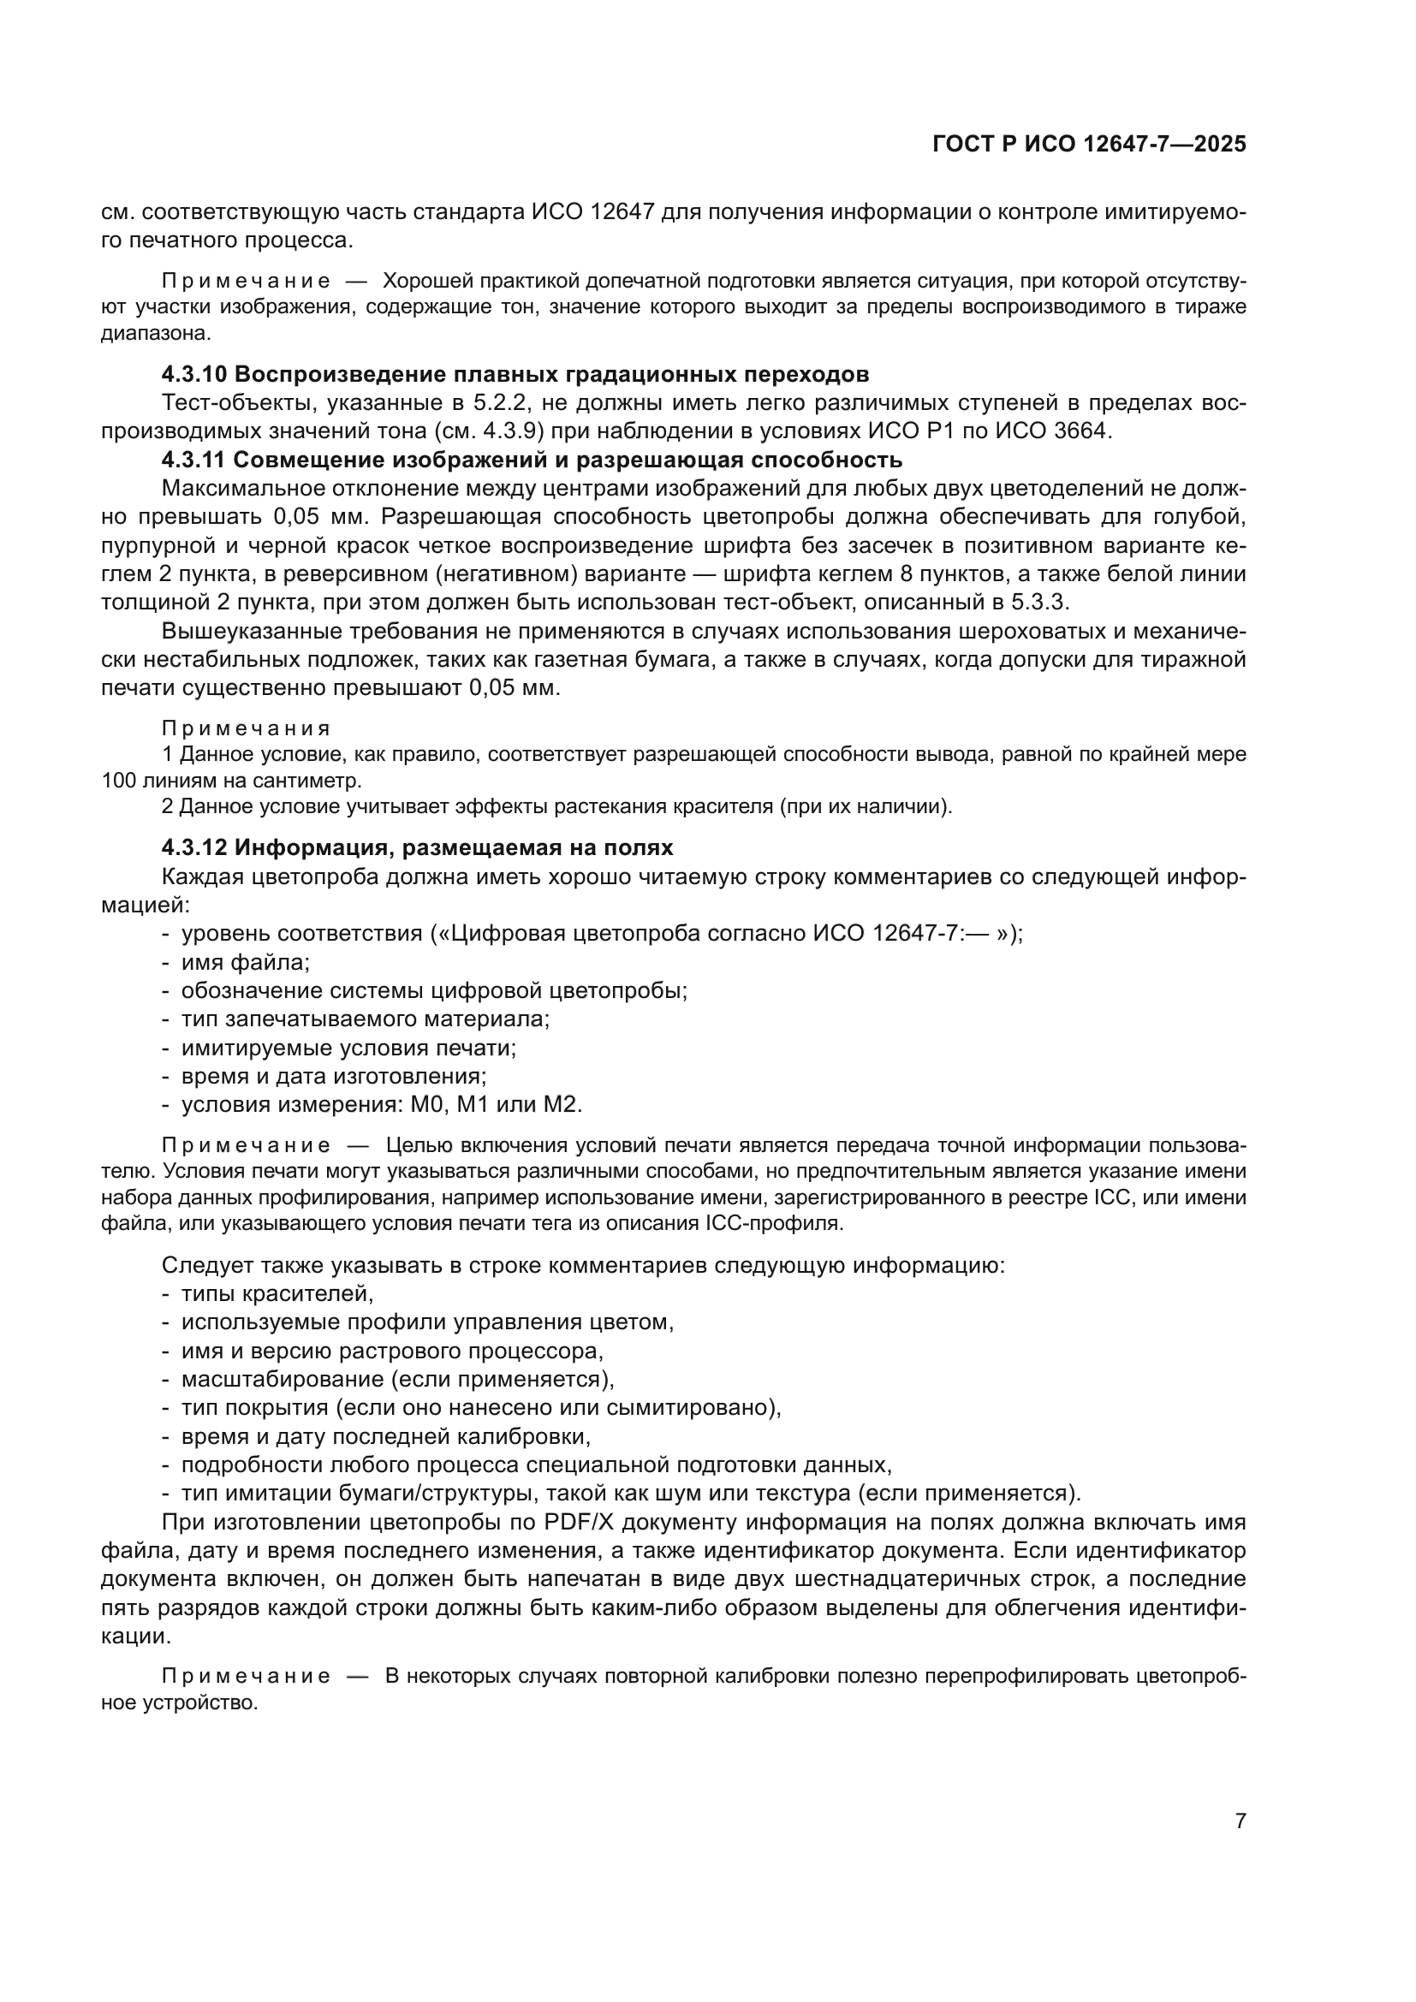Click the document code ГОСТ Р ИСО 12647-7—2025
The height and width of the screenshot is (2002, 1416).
[x=1089, y=144]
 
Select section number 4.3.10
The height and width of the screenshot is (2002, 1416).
[x=194, y=375]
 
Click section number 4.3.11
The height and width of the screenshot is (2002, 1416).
[x=193, y=460]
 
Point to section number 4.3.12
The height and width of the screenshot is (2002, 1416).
[x=194, y=848]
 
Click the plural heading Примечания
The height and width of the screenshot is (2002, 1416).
[x=247, y=728]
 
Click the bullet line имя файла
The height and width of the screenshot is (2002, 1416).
[x=246, y=963]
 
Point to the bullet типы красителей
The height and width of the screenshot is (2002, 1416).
[x=277, y=1294]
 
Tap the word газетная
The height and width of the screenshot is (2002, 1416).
[x=580, y=659]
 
